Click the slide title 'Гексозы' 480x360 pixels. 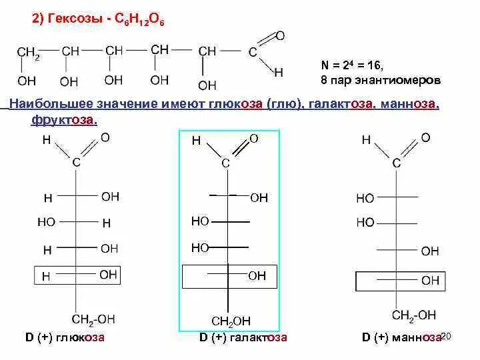70,21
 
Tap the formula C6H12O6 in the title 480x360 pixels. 139,21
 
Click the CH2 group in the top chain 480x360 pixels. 28,53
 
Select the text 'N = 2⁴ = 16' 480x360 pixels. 352,65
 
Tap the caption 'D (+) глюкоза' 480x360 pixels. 65,337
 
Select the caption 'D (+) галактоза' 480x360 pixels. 243,337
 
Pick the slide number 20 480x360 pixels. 446,336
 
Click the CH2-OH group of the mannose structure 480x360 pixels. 414,315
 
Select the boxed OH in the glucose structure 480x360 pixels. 109,274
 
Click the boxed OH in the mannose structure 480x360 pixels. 430,281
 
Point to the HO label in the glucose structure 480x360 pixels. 46,222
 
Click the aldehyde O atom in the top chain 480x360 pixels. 280,35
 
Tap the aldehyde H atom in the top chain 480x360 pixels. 279,71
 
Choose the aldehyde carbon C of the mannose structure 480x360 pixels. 397,163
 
